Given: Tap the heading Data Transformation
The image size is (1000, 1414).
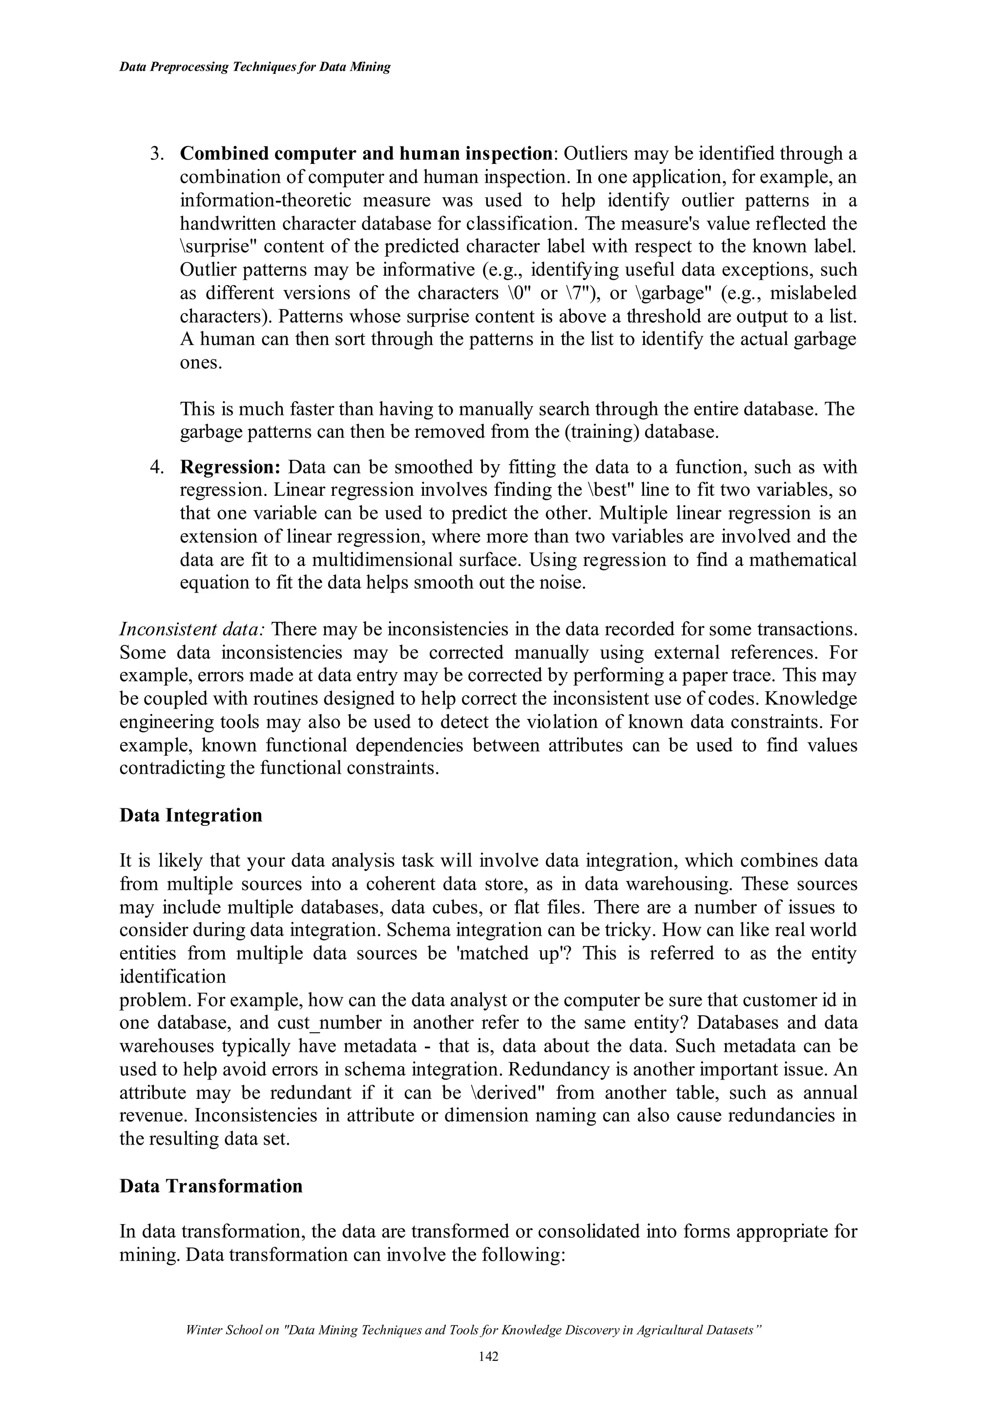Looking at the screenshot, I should click(x=211, y=1186).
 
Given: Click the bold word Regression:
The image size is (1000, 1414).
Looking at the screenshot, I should click(x=230, y=467).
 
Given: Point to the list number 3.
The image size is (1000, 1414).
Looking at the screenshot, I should click(x=157, y=153).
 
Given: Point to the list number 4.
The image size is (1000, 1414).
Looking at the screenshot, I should click(x=157, y=467).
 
